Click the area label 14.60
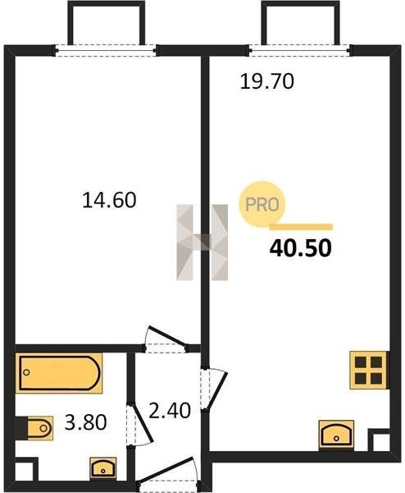click(109, 200)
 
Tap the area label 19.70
click(267, 81)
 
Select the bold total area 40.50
click(300, 248)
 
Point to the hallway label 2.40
click(170, 410)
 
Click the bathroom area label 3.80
click(85, 422)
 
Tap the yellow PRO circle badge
click(262, 205)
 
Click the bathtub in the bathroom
click(59, 373)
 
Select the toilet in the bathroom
click(34, 428)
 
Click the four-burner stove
click(369, 370)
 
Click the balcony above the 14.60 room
click(107, 23)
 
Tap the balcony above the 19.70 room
click(301, 23)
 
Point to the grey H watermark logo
click(202, 242)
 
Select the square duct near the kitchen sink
click(379, 440)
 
